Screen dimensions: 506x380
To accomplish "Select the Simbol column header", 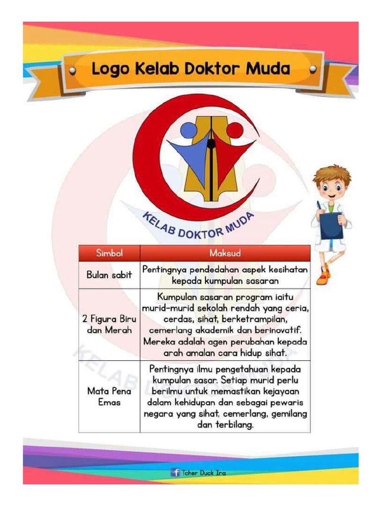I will click(109, 253).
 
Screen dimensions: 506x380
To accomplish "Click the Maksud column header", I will click(225, 253).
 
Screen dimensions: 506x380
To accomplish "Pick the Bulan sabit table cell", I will click(109, 275).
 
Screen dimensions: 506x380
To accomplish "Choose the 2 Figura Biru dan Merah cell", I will click(109, 324).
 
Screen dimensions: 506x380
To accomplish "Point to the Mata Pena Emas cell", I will click(109, 396).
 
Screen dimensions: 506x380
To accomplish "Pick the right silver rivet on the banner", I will click(312, 70).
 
